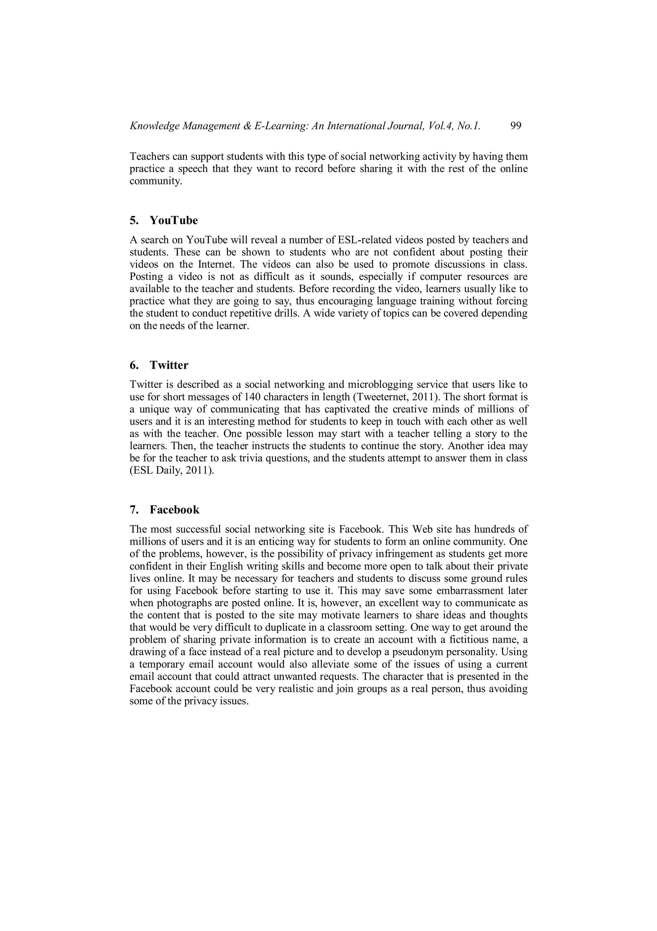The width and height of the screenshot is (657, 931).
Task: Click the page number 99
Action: (x=516, y=126)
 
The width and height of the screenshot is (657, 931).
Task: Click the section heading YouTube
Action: (x=174, y=220)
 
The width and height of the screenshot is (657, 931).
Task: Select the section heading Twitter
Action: (x=169, y=365)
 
